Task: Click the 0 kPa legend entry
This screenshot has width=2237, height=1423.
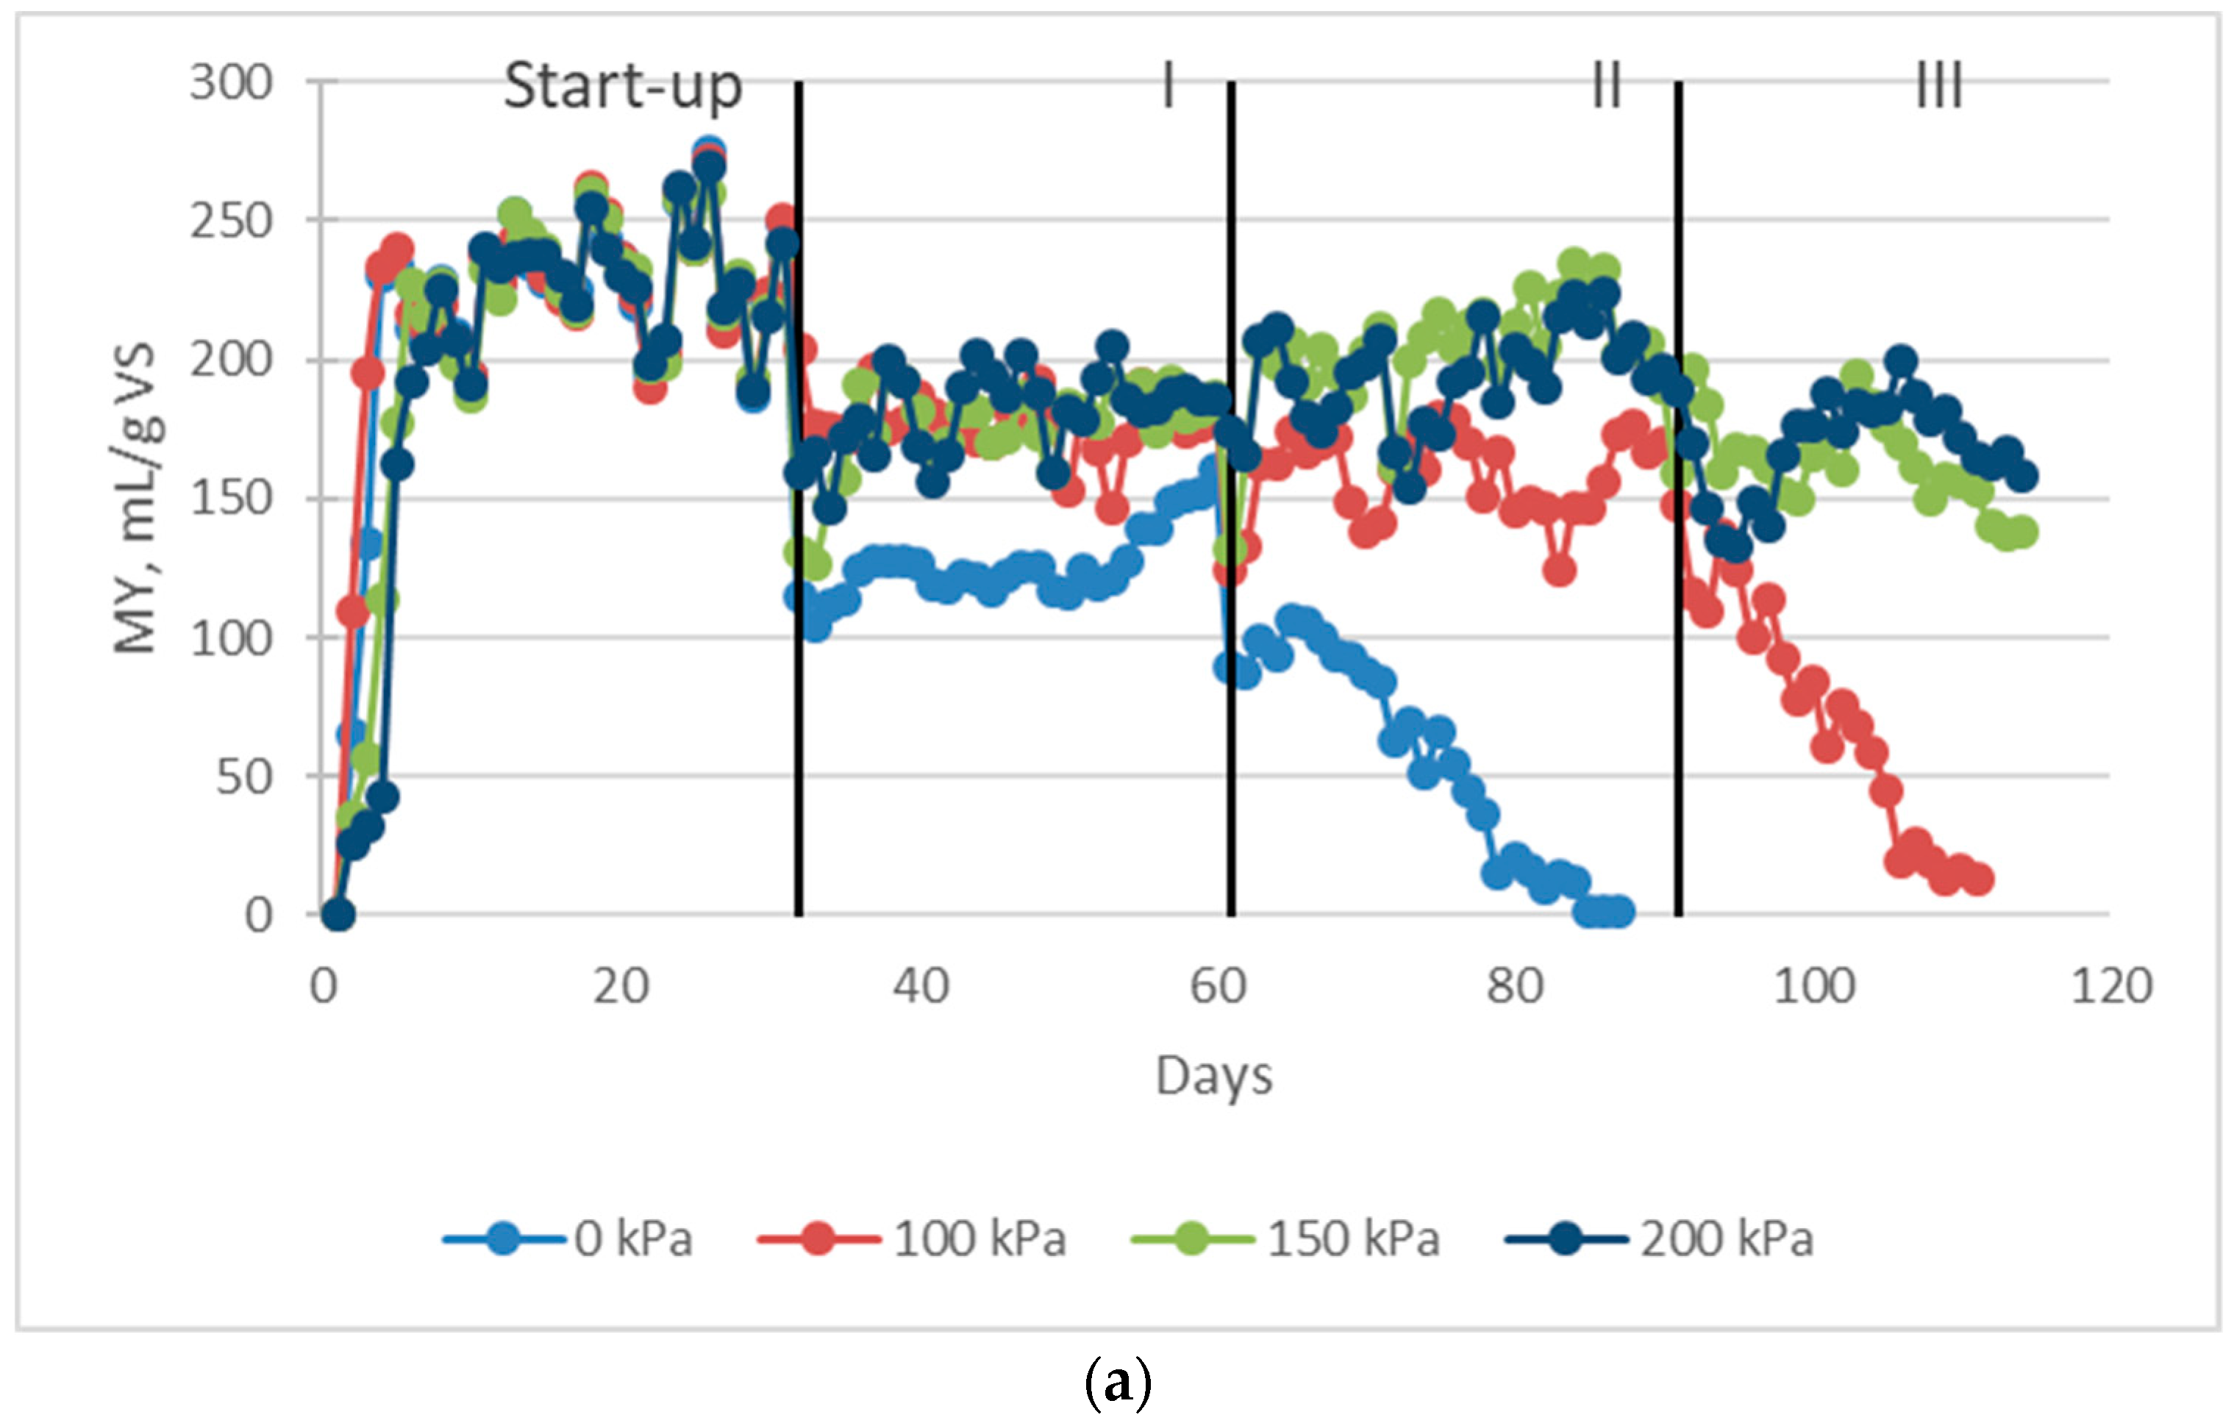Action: [568, 1239]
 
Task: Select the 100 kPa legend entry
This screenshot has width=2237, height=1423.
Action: [913, 1239]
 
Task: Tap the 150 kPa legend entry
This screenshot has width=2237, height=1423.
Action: [1287, 1239]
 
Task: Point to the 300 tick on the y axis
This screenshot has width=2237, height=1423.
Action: [232, 84]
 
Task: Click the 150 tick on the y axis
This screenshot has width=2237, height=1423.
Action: [232, 499]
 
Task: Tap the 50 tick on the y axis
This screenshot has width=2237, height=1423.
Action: [243, 777]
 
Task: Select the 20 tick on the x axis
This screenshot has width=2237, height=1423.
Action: [621, 985]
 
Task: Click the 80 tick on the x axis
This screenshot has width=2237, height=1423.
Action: [1515, 985]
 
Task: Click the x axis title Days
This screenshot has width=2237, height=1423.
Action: [1213, 1077]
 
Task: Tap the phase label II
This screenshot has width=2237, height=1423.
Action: [1607, 86]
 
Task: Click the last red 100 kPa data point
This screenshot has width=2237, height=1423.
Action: [1978, 879]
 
